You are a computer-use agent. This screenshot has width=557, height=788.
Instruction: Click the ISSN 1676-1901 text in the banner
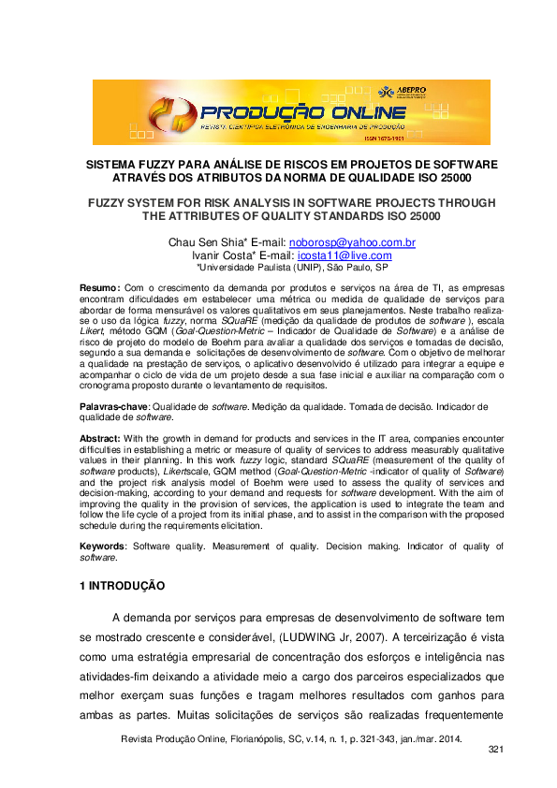[x=385, y=139]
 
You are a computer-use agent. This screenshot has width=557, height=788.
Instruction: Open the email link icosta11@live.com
[x=344, y=255]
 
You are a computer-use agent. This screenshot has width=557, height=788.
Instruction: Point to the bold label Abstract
[x=99, y=439]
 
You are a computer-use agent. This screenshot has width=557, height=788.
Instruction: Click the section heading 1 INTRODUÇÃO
[x=122, y=586]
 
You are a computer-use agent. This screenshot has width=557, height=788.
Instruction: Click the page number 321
[x=497, y=752]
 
